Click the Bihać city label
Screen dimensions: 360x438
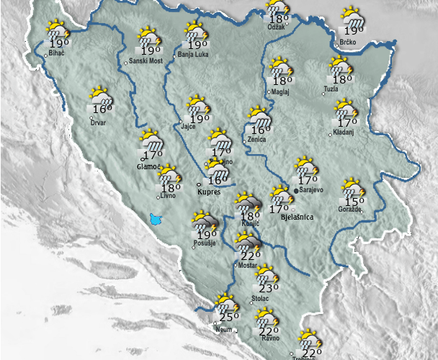[58, 54]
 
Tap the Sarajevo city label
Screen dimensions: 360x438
[316, 190]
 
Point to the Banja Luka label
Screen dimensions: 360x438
[194, 54]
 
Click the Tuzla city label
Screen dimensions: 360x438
[331, 89]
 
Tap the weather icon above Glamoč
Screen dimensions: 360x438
[151, 139]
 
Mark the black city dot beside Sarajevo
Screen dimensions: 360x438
[297, 190]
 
